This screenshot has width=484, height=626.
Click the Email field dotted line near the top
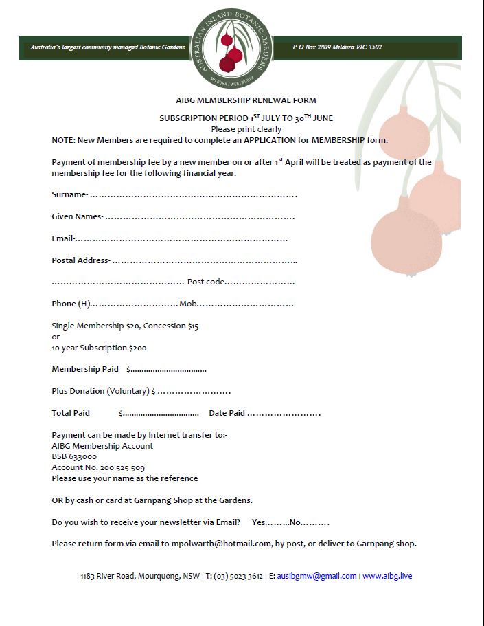point(181,239)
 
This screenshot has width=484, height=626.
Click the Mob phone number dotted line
point(246,304)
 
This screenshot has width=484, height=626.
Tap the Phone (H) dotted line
point(135,304)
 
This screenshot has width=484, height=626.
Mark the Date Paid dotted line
point(284,414)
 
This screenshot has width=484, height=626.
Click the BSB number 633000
point(74,456)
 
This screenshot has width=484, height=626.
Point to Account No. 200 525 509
point(98,467)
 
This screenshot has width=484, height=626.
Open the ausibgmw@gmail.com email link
point(316,576)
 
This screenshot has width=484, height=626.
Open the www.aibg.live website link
point(387,576)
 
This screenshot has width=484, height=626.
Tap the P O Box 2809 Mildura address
point(337,48)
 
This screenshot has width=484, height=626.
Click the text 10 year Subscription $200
point(99,348)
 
